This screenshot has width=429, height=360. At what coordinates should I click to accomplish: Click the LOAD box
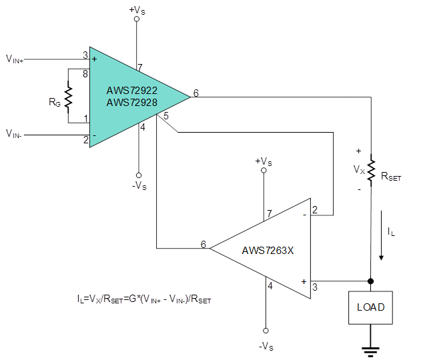pyautogui.click(x=370, y=307)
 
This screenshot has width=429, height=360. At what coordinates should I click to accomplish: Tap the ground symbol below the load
pyautogui.click(x=370, y=352)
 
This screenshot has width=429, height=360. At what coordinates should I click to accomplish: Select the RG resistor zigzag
pyautogui.click(x=68, y=97)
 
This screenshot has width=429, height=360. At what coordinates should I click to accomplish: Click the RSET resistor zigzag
pyautogui.click(x=371, y=170)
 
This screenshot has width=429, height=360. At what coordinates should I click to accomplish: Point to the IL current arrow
pyautogui.click(x=381, y=235)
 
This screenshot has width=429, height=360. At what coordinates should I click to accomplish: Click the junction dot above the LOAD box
pyautogui.click(x=370, y=281)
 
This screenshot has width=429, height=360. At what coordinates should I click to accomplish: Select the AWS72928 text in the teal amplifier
pyautogui.click(x=132, y=103)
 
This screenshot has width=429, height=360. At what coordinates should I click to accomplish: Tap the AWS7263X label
pyautogui.click(x=268, y=251)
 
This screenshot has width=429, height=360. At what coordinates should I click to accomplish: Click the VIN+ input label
pyautogui.click(x=15, y=59)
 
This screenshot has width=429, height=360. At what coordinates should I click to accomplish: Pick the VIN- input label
pyautogui.click(x=14, y=134)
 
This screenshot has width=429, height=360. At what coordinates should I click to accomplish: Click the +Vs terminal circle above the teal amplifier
pyautogui.click(x=137, y=19)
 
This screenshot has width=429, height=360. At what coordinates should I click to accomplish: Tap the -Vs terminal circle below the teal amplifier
pyautogui.click(x=139, y=175)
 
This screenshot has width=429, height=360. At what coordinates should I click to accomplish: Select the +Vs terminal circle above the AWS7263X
pyautogui.click(x=264, y=170)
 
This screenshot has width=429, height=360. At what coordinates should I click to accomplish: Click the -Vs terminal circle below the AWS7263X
pyautogui.click(x=266, y=331)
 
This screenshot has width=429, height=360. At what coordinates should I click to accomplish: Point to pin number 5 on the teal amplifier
pyautogui.click(x=166, y=116)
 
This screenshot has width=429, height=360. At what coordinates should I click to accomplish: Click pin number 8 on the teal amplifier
pyautogui.click(x=85, y=74)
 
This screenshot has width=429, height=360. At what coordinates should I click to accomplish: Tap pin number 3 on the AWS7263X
pyautogui.click(x=315, y=287)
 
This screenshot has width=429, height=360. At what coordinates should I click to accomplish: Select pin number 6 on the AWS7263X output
pyautogui.click(x=203, y=244)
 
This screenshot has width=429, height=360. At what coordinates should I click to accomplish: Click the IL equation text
pyautogui.click(x=144, y=299)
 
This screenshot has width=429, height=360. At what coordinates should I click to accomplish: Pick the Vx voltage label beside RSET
pyautogui.click(x=359, y=170)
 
